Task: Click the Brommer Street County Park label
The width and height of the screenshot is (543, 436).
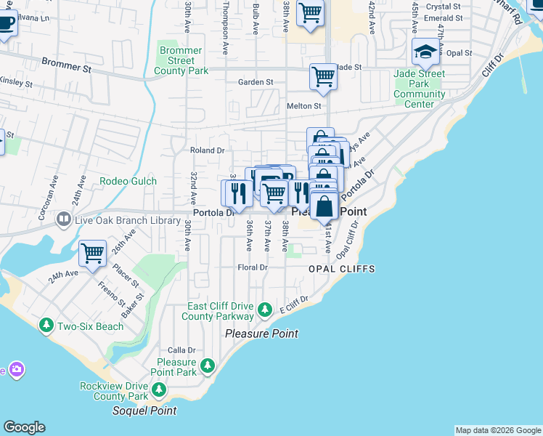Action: click(181, 61)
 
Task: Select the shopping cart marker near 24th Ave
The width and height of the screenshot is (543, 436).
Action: click(93, 254)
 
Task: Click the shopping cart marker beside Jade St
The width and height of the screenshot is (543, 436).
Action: click(323, 76)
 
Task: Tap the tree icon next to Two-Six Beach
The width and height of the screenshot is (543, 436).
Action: click(46, 326)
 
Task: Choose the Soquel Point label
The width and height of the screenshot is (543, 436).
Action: click(144, 411)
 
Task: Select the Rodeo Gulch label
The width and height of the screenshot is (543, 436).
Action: click(127, 181)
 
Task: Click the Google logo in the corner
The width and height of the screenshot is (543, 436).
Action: click(24, 427)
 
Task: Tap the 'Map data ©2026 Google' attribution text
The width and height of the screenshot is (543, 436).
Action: click(497, 430)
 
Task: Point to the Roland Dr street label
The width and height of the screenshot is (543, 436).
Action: click(207, 150)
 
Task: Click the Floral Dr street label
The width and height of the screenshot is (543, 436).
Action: click(253, 267)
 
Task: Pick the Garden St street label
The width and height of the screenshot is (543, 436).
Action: click(256, 83)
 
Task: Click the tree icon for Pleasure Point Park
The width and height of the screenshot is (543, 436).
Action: click(208, 364)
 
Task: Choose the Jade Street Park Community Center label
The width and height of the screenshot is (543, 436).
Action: click(420, 89)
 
